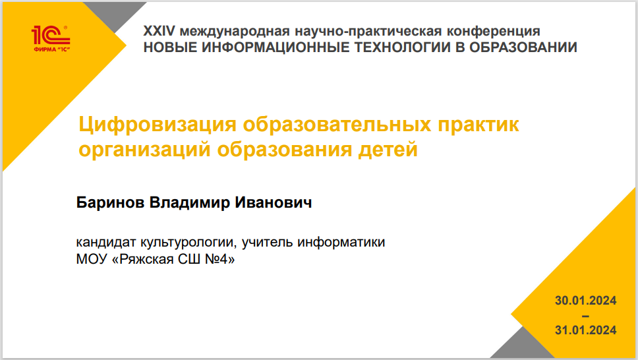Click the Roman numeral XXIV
tap(159, 31)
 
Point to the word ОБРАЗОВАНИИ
tap(523, 47)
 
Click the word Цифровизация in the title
tap(158, 125)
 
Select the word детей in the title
tap(388, 150)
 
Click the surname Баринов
tap(110, 202)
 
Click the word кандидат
tap(106, 243)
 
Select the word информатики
tap(341, 243)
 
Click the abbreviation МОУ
tap(91, 259)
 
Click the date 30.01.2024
tap(585, 301)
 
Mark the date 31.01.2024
tap(585, 330)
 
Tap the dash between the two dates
tap(585, 316)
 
